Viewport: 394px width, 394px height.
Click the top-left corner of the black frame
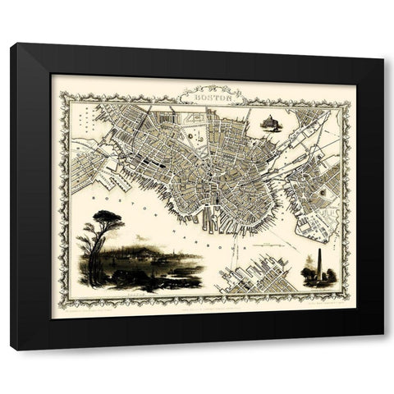tap(12, 44)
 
